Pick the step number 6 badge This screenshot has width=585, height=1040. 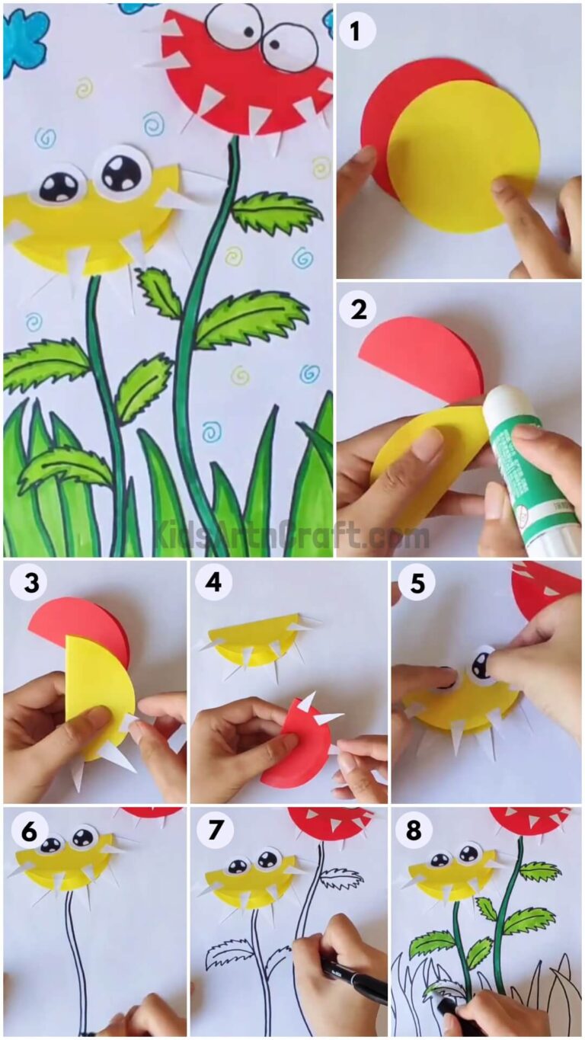[x=27, y=831]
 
